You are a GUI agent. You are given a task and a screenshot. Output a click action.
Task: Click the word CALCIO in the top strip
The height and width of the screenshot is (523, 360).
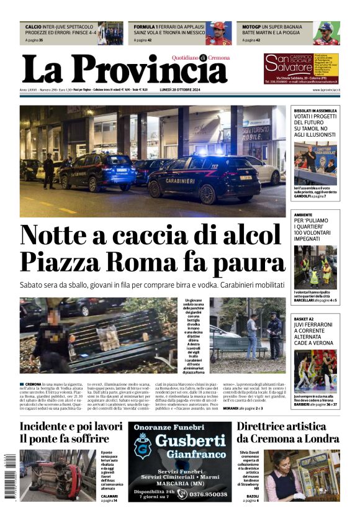coord(34,27)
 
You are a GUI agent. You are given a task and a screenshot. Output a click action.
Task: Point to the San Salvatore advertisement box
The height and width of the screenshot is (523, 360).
coord(300,68)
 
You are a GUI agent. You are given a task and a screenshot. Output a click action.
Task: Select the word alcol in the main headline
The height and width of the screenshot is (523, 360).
coord(250,235)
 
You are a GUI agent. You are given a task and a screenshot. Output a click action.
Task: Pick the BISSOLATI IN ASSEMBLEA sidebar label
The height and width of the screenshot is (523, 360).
coord(315,110)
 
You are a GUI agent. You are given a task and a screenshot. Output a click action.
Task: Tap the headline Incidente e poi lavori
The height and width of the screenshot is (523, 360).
coord(71,427)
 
